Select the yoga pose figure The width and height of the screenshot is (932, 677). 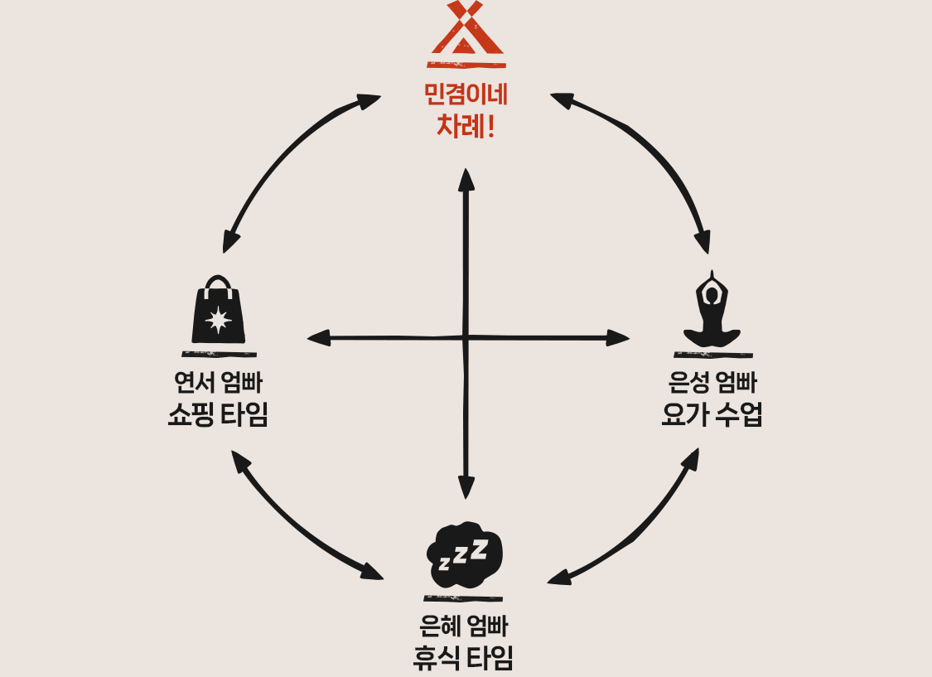tap(712, 312)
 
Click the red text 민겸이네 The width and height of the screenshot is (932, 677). tap(466, 95)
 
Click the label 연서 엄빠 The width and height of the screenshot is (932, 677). tap(218, 383)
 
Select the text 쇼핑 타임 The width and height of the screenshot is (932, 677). tap(218, 413)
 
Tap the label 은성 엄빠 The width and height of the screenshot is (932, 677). tap(712, 383)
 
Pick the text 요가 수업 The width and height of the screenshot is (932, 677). tap(712, 413)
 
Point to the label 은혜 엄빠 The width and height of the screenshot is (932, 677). tap(464, 626)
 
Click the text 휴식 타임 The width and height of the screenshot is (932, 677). tap(464, 657)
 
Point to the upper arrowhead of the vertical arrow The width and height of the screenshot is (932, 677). tap(466, 177)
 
